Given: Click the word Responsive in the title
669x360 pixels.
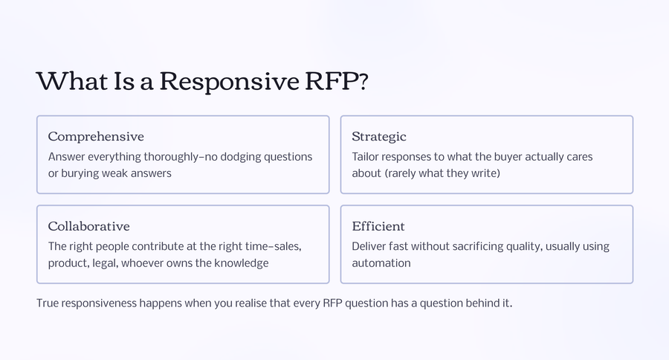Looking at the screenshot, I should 227,81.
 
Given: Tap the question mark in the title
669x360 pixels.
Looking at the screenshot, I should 362,81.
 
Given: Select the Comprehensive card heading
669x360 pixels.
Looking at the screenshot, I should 96,137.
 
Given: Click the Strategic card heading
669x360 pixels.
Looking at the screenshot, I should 379,137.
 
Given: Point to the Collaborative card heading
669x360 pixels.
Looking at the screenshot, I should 88,227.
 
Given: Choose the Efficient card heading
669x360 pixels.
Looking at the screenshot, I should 378,227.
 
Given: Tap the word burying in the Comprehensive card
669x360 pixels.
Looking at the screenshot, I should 82,173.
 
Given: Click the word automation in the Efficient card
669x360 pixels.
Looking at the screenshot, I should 381,263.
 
